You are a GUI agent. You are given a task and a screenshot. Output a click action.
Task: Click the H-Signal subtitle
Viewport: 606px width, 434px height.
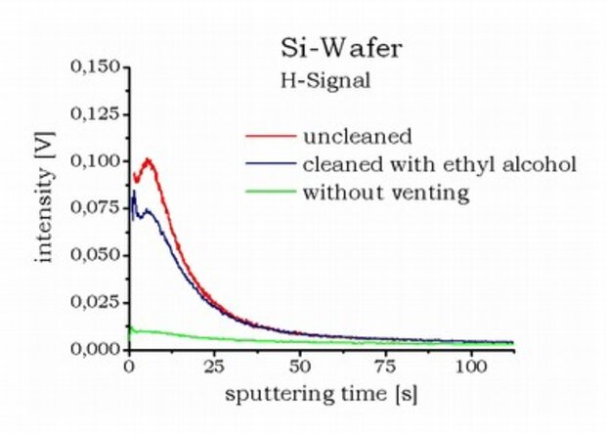point(319,81)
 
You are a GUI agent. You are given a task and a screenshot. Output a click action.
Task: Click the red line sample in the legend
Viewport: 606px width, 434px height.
point(271,135)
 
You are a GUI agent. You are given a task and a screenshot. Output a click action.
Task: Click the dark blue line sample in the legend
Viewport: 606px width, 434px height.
point(271,163)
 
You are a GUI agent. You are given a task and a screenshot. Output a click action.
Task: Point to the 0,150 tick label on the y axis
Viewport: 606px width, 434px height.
point(95,67)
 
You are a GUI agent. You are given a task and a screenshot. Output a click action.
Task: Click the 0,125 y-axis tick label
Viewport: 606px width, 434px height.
point(95,114)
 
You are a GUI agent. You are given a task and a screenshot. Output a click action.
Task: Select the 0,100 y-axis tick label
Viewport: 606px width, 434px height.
point(95,161)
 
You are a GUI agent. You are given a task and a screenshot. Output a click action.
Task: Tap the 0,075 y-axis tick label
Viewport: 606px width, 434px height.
point(95,208)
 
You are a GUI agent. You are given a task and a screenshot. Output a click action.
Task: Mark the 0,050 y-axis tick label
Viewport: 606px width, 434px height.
point(95,255)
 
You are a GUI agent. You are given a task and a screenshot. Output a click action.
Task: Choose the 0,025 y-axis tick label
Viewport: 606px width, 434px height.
point(95,302)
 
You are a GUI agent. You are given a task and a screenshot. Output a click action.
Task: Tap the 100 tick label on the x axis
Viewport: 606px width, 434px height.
point(471,367)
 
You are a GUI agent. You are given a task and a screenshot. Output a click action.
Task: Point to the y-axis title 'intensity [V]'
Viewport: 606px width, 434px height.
point(45,206)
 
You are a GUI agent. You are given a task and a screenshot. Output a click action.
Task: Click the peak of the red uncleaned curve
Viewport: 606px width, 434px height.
point(148,158)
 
